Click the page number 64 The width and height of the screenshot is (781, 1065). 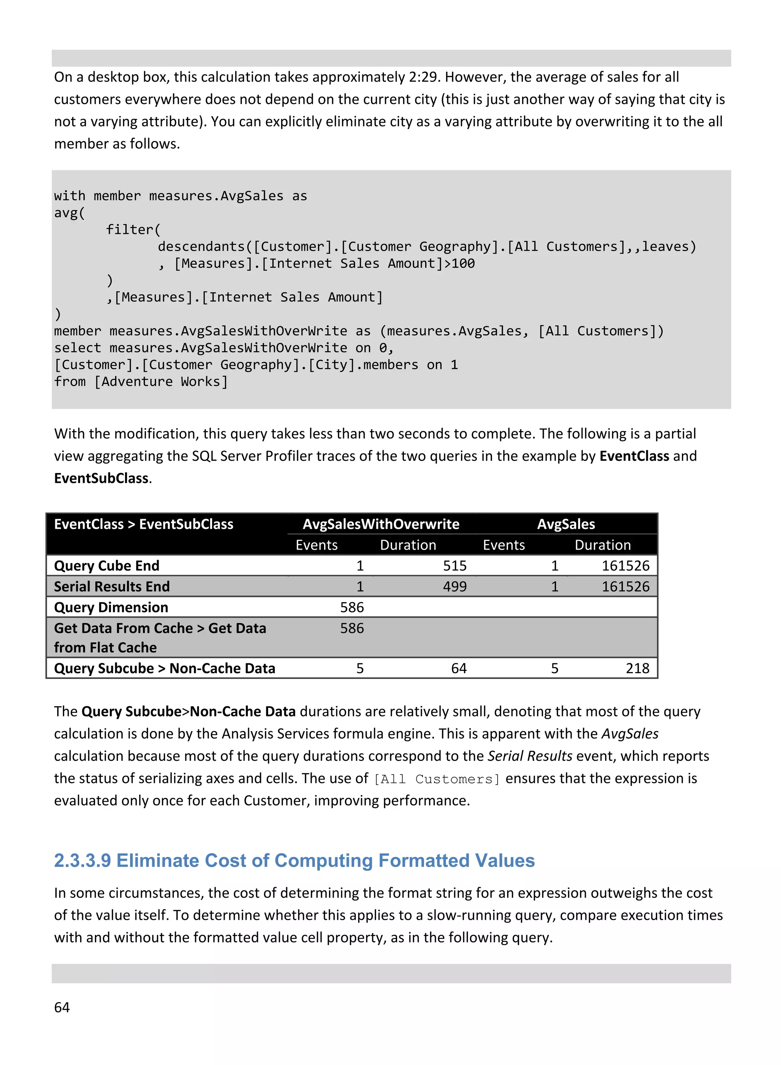(62, 1007)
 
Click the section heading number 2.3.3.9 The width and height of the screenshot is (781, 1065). (82, 860)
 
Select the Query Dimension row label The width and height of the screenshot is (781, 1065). (111, 607)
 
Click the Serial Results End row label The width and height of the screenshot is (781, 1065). (112, 586)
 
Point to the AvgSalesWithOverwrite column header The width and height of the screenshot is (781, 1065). (381, 524)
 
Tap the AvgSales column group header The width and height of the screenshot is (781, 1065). (566, 524)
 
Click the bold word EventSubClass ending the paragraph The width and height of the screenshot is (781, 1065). (101, 478)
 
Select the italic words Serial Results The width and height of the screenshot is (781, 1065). (529, 756)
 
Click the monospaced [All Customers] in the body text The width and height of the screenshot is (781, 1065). (436, 779)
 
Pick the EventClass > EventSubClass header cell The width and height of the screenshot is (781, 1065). (144, 524)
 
